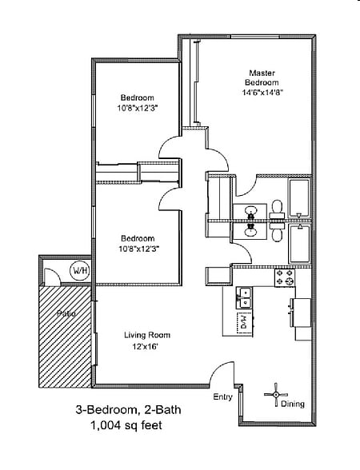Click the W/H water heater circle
80,271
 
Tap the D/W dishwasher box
245,323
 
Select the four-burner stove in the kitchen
285,278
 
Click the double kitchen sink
245,297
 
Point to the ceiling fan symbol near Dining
276,395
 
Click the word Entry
223,396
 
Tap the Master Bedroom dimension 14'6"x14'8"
262,93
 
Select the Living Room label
147,335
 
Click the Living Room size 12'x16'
146,347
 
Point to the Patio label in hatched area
66,313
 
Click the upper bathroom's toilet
277,209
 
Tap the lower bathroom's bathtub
299,244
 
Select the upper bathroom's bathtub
299,198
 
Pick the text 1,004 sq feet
126,424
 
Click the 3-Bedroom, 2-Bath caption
128,409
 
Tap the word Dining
293,404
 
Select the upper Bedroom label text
138,98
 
